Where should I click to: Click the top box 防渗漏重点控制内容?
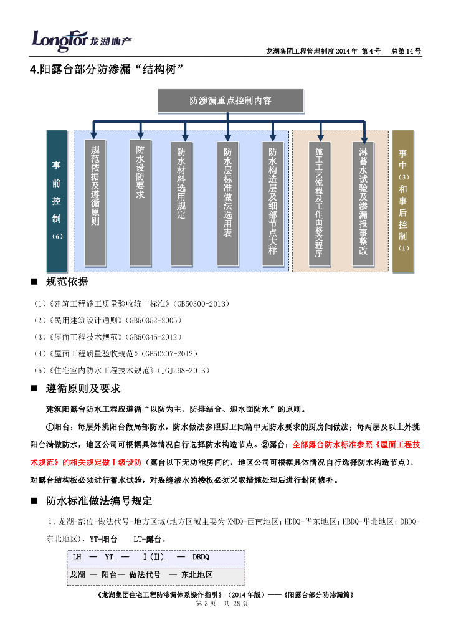(x=230, y=100)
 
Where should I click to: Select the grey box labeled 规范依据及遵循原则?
(x=95, y=196)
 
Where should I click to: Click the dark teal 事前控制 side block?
(x=57, y=201)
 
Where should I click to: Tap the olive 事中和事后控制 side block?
(x=402, y=201)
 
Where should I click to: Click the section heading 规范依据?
(x=67, y=282)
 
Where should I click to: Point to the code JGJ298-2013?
(x=183, y=370)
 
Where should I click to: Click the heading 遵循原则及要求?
(x=83, y=389)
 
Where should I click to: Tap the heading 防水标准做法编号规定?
(x=99, y=501)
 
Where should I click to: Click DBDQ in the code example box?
(x=201, y=557)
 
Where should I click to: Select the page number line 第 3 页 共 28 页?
(x=222, y=605)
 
